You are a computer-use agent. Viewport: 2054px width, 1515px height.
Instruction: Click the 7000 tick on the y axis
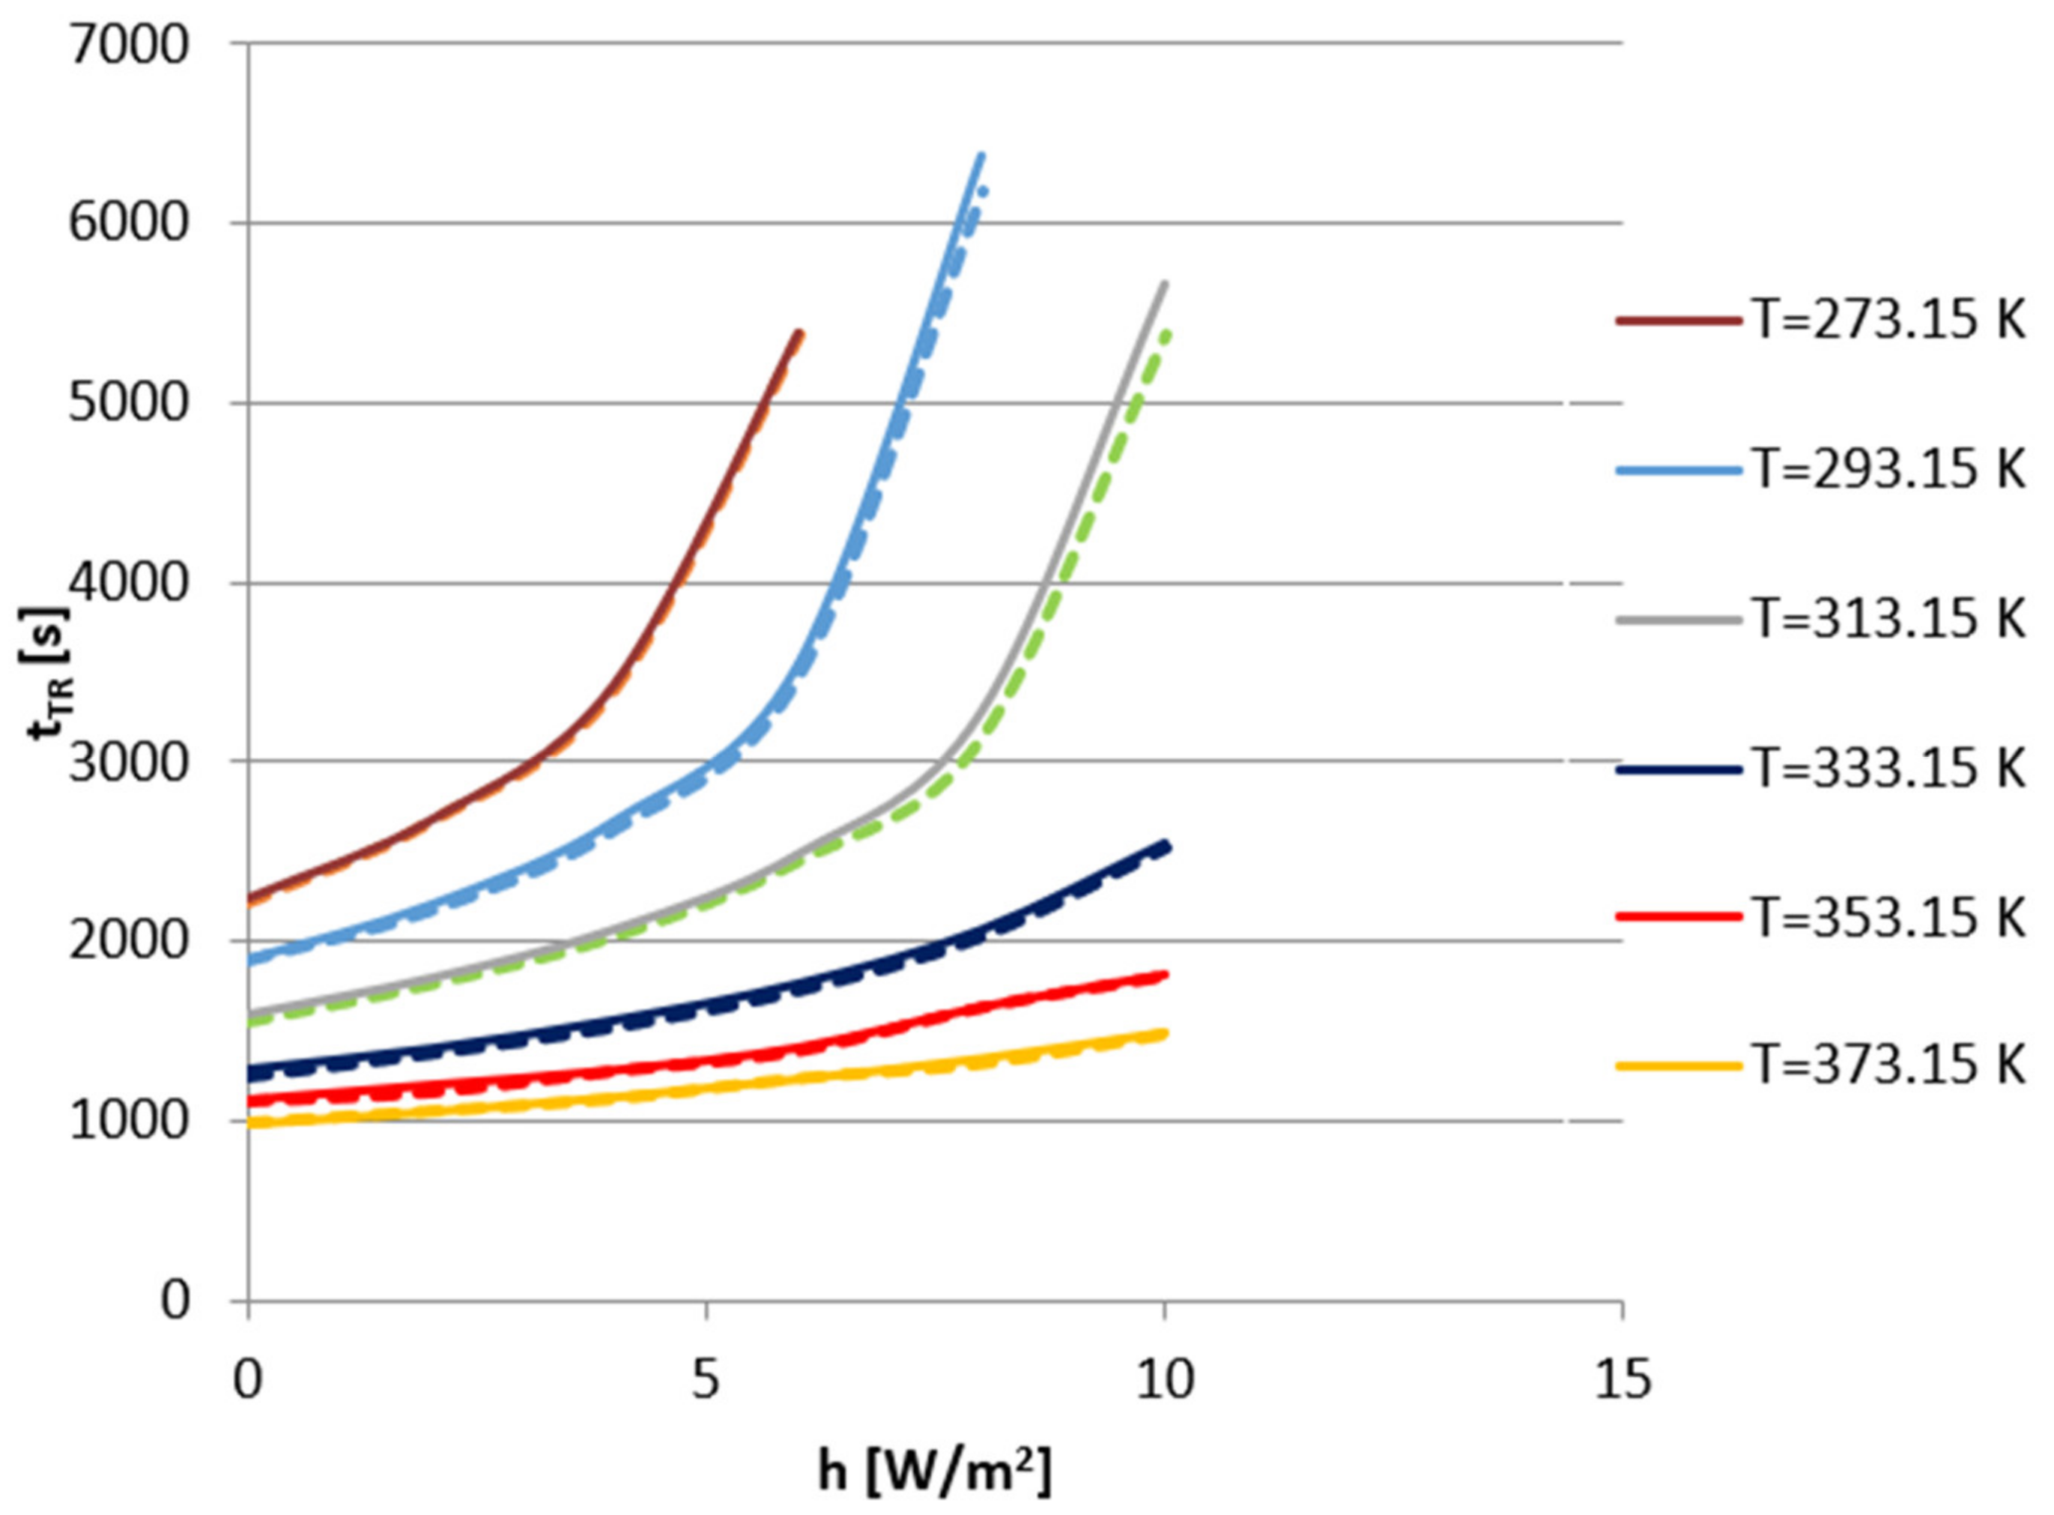point(128,46)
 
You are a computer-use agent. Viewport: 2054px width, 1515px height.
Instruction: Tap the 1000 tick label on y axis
point(128,1121)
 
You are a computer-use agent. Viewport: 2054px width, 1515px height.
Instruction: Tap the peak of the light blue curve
point(982,156)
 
